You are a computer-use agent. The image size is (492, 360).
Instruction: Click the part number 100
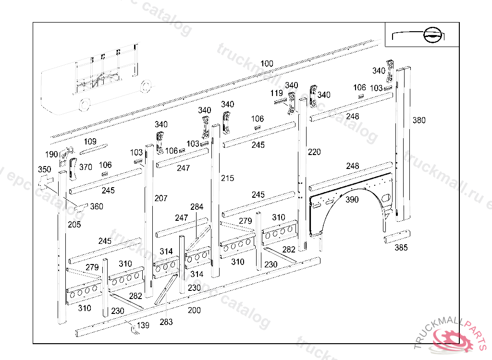click(267, 64)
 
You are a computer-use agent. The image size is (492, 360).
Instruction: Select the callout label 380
click(419, 120)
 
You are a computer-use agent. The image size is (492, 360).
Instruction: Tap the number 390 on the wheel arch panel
click(352, 200)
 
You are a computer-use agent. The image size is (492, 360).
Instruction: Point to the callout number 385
click(401, 248)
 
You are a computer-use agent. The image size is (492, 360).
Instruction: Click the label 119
click(276, 93)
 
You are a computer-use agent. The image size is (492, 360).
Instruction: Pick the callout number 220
click(314, 152)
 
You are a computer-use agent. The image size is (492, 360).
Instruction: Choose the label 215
click(227, 178)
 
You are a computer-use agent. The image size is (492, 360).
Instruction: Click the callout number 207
click(161, 198)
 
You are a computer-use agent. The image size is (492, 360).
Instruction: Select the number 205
click(74, 225)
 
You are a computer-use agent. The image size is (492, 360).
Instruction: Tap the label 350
click(44, 170)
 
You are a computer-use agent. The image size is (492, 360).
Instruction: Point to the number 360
click(97, 207)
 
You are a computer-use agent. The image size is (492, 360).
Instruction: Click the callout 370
click(86, 167)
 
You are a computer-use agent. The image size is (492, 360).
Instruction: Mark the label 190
click(51, 154)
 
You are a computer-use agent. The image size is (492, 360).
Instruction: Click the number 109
click(90, 142)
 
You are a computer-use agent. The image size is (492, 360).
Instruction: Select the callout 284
click(197, 207)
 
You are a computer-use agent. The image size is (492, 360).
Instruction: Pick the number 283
click(166, 322)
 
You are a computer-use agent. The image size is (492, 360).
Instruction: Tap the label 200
click(194, 311)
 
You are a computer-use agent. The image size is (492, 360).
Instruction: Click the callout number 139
click(143, 325)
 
